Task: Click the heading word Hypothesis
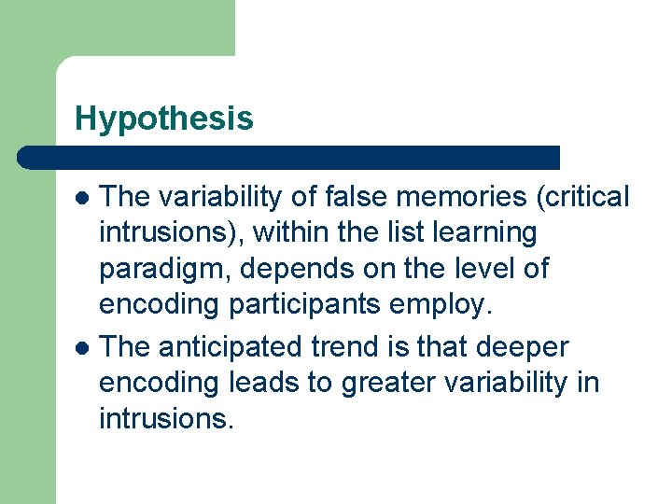click(163, 119)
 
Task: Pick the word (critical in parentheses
click(578, 197)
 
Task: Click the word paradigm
click(163, 270)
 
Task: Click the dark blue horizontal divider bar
click(289, 157)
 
